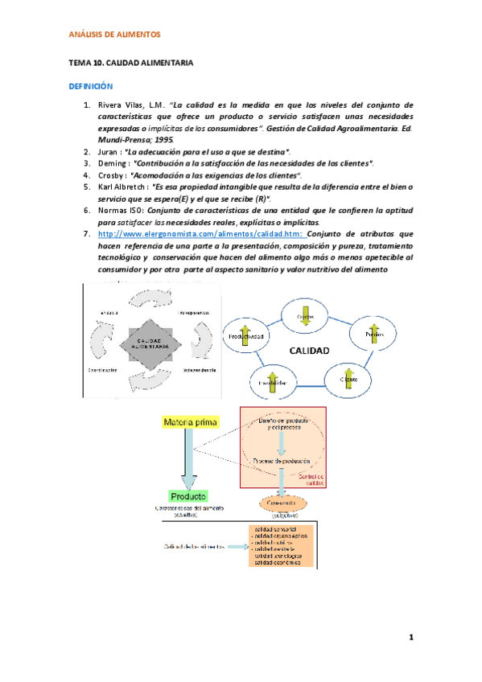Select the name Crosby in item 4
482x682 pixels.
click(111, 175)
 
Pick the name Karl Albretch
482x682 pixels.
click(122, 187)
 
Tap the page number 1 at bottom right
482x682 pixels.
click(410, 639)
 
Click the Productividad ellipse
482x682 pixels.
click(247, 335)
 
